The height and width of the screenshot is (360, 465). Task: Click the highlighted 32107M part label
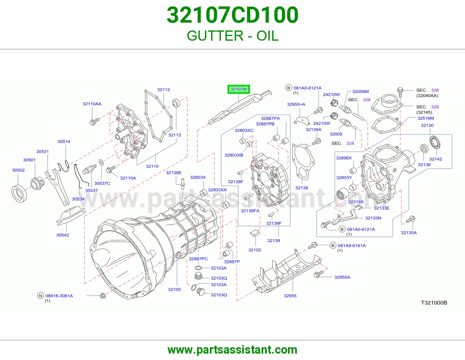pos(239,89)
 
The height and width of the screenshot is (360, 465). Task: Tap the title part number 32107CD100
pos(233,15)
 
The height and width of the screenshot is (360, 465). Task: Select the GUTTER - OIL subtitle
pos(233,36)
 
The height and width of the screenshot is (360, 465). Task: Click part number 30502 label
pos(18,170)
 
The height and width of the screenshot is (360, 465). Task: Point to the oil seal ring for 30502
pos(19,194)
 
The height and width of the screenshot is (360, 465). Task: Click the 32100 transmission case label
pos(174,289)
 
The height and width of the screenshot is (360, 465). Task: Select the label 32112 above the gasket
pos(164,90)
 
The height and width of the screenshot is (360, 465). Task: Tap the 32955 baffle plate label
pos(290,296)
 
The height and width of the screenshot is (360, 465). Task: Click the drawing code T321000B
pos(434,303)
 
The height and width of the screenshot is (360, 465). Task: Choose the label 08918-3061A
pos(59,296)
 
